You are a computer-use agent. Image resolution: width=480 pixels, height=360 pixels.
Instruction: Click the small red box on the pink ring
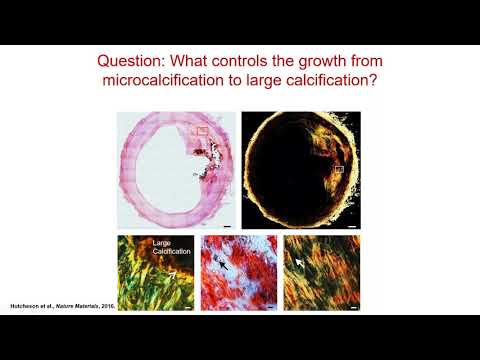(201, 130)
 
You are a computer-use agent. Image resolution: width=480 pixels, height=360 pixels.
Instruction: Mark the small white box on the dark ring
(338, 171)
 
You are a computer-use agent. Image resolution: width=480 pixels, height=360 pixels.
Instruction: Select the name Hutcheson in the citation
(30, 304)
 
